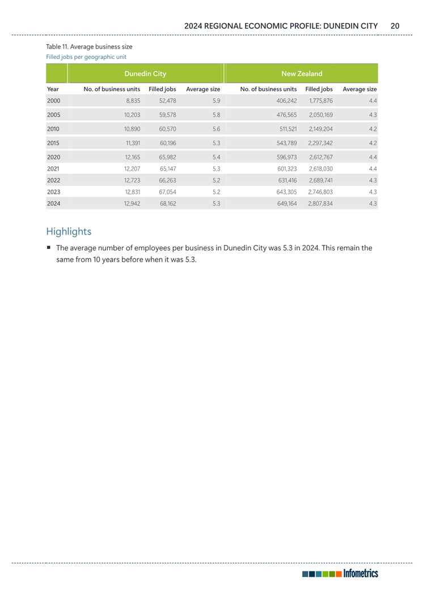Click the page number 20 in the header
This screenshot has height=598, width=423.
(395, 26)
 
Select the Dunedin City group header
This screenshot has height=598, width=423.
(145, 74)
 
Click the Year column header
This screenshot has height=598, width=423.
(53, 89)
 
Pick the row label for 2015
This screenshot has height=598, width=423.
(53, 143)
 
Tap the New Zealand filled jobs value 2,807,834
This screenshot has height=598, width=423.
(320, 203)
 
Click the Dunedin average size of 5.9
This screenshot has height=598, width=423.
(215, 101)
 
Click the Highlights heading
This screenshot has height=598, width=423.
(68, 231)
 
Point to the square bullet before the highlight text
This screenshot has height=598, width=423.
(49, 248)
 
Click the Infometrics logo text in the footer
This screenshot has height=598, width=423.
(361, 574)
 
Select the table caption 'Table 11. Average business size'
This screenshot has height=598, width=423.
(88, 46)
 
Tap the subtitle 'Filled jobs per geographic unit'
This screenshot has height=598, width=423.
(86, 57)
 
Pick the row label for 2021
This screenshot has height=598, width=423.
(53, 168)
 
